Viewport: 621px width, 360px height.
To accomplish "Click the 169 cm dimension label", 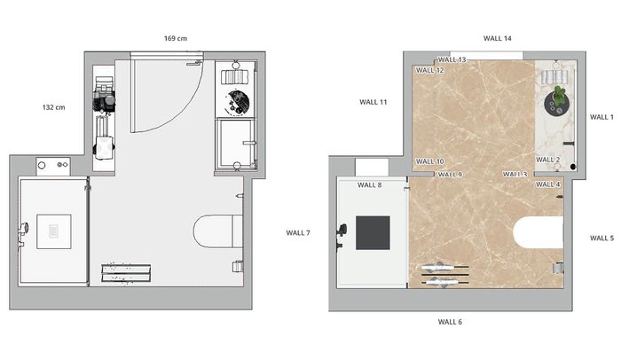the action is point(176,38).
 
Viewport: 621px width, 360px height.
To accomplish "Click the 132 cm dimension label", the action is point(54,107).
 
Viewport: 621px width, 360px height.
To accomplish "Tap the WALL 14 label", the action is point(497,38).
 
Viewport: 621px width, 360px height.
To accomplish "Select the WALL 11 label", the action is point(373,102).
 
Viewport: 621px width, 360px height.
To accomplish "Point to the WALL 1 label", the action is point(601,117).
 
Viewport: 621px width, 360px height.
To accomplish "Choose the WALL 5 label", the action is point(601,238).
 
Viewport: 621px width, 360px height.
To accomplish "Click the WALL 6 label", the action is point(450,322).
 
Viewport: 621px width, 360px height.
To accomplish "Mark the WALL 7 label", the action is point(298,233).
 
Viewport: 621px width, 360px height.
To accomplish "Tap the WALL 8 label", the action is point(370,185).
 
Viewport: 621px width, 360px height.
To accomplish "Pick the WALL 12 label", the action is point(429,71).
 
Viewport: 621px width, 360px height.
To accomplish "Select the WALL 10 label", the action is point(429,161).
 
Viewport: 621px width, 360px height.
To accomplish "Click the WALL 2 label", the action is point(547,160).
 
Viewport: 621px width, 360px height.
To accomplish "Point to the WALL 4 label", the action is point(547,184).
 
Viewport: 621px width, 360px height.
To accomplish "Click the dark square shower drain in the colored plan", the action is point(373,233).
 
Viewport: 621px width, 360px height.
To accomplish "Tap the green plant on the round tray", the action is point(558,96).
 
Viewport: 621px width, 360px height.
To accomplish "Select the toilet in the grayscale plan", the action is point(218,231).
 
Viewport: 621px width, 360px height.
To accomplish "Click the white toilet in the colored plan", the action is point(538,232).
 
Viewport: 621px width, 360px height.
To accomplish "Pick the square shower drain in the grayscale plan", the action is point(54,231).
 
